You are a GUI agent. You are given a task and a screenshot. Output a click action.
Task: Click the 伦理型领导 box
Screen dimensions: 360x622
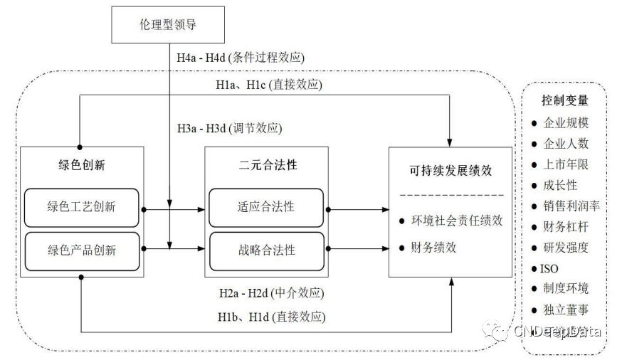coord(168,26)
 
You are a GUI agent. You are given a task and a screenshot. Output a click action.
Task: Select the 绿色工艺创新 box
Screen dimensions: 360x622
coord(82,207)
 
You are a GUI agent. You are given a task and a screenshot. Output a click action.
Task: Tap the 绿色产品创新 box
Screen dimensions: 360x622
coord(82,250)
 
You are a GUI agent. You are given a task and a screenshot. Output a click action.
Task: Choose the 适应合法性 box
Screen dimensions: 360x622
coord(266,207)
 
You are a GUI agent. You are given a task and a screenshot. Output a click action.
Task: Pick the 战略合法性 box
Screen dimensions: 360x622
coord(266,250)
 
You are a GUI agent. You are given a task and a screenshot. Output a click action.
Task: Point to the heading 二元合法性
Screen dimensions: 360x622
coord(266,164)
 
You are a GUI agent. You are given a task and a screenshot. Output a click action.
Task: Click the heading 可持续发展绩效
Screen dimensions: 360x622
coord(450,170)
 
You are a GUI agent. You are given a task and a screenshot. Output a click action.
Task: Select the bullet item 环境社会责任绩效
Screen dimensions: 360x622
coord(456,221)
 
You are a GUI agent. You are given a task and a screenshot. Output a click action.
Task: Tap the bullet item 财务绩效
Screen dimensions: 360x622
coord(433,248)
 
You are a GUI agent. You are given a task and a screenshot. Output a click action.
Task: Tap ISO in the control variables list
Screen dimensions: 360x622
coord(549,268)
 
